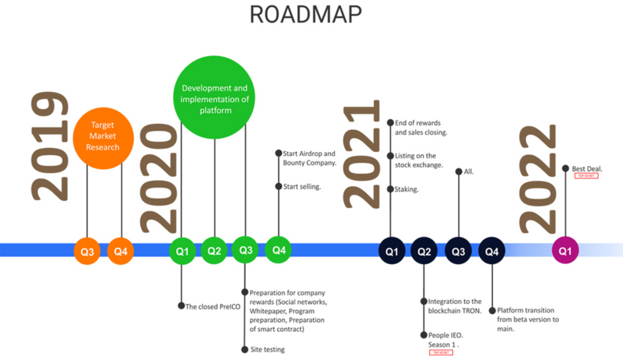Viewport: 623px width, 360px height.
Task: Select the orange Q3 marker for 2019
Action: [86, 251]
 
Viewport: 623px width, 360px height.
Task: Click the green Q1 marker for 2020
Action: [181, 251]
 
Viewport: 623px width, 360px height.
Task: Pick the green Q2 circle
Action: [214, 251]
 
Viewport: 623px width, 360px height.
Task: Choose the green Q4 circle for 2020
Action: [278, 250]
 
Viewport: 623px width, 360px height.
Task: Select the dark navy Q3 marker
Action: [458, 251]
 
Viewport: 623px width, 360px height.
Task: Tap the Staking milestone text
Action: [407, 189]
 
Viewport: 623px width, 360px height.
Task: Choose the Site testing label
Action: [267, 349]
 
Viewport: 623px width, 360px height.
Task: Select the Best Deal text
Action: [587, 168]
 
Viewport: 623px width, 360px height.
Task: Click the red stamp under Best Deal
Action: [586, 177]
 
